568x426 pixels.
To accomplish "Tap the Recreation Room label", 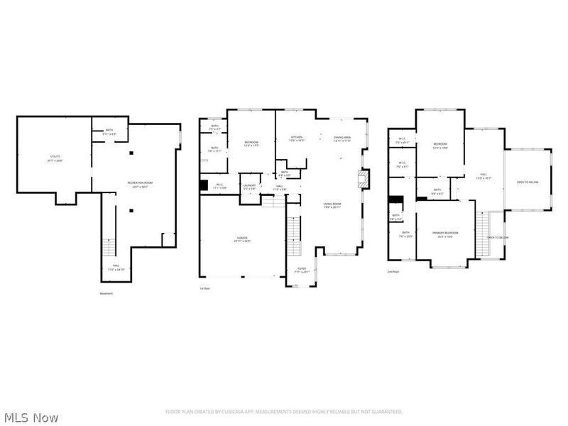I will pyautogui.click(x=140, y=184).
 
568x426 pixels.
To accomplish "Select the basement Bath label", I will pyautogui.click(x=109, y=131).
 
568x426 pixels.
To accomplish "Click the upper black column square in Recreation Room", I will pyautogui.click(x=131, y=153).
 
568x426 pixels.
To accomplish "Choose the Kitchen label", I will pyautogui.click(x=297, y=138).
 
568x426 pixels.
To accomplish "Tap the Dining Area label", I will pyautogui.click(x=343, y=139).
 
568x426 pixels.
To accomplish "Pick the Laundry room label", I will pyautogui.click(x=249, y=186).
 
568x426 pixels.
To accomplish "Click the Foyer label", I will pyautogui.click(x=301, y=271).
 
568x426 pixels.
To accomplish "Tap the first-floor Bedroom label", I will pyautogui.click(x=251, y=144).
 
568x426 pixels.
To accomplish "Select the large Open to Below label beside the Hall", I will pyautogui.click(x=528, y=182).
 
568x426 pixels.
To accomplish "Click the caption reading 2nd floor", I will pyautogui.click(x=393, y=272).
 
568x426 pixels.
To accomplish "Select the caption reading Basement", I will pyautogui.click(x=105, y=293).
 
